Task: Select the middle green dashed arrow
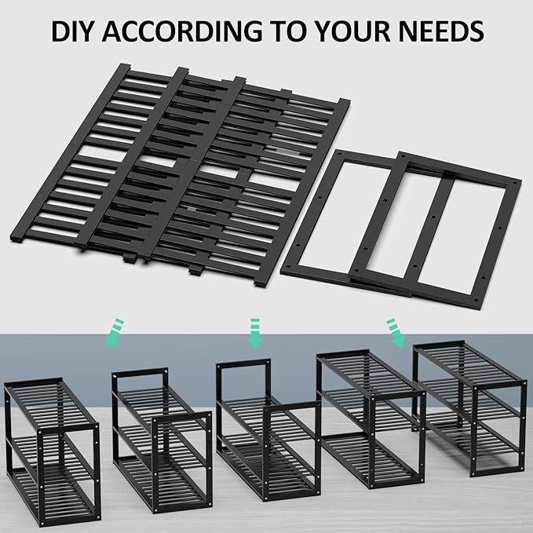click(254, 331)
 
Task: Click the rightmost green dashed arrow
click(394, 331)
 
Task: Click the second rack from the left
click(161, 440)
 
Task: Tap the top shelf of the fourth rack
click(369, 373)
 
